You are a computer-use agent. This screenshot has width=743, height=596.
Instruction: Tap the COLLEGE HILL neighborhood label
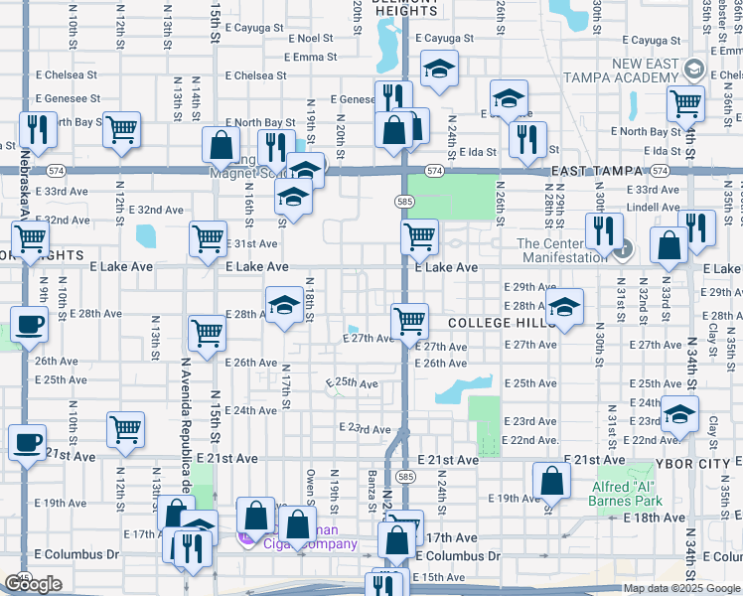coord(492,324)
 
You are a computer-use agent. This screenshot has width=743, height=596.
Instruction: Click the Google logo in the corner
coord(33,584)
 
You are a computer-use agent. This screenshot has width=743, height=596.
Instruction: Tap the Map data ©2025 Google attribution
coord(682,588)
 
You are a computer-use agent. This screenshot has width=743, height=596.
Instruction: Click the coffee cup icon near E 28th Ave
coord(28,323)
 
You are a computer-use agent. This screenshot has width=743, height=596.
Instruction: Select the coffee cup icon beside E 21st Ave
coord(28,440)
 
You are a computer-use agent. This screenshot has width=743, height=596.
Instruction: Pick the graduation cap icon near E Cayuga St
coord(439,69)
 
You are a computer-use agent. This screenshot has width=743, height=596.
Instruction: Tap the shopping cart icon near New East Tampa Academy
coord(684,101)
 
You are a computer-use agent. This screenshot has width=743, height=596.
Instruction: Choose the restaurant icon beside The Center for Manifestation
coord(604,230)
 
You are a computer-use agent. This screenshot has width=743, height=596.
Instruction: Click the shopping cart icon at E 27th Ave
coord(409,321)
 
